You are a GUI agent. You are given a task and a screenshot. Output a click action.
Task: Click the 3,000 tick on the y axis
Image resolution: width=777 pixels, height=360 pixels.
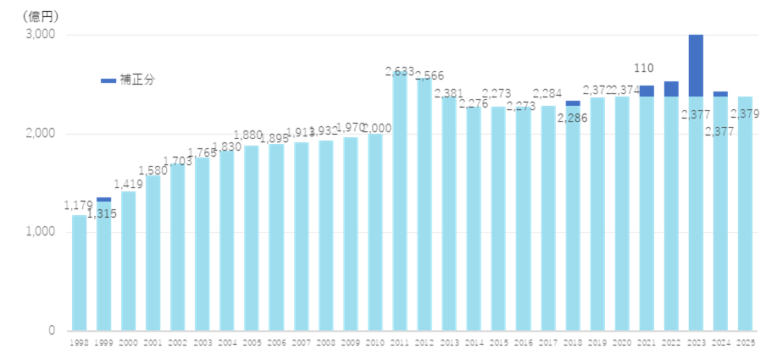pyautogui.click(x=40, y=35)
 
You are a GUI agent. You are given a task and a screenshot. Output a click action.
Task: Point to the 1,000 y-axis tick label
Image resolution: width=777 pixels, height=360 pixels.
pyautogui.click(x=40, y=232)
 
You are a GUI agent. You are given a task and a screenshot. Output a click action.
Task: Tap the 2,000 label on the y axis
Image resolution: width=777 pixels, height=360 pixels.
pyautogui.click(x=40, y=134)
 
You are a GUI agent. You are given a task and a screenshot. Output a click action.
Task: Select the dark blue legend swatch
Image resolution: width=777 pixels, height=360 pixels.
pyautogui.click(x=108, y=80)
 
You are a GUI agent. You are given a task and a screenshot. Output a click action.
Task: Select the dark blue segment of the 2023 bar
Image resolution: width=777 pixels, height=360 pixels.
pyautogui.click(x=696, y=65)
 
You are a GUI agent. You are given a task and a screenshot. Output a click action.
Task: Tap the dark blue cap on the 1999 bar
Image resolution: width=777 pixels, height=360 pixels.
pyautogui.click(x=103, y=199)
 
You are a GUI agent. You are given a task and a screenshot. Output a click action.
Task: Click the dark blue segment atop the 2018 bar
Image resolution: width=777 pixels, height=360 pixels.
pyautogui.click(x=573, y=103)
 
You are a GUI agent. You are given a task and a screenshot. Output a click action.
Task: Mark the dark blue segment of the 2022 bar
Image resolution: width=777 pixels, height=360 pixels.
pyautogui.click(x=671, y=89)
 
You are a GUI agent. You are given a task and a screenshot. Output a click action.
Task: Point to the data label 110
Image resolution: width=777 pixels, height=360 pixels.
pyautogui.click(x=646, y=68)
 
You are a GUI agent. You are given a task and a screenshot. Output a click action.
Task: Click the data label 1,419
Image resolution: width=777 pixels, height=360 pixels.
pyautogui.click(x=129, y=183)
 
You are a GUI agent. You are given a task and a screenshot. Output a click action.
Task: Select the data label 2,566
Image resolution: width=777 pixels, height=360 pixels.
pyautogui.click(x=429, y=76)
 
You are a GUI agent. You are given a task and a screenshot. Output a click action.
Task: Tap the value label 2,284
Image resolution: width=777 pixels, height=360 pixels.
pyautogui.click(x=548, y=92)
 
